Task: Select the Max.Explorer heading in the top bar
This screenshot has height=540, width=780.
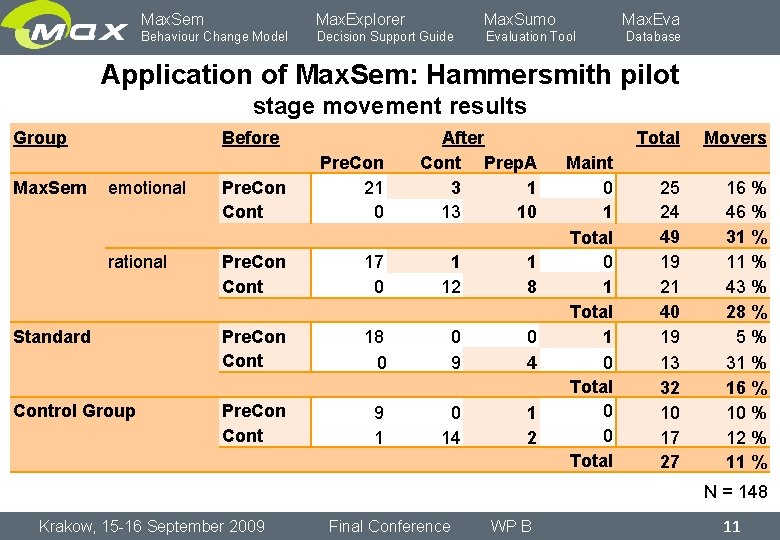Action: click(360, 19)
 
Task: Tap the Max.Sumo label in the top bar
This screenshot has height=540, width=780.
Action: click(519, 19)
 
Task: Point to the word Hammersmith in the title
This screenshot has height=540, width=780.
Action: click(501, 75)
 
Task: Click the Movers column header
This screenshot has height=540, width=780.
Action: click(734, 138)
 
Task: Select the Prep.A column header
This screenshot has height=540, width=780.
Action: click(509, 163)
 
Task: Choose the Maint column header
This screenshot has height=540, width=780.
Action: click(589, 163)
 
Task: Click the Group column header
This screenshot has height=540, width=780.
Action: click(40, 138)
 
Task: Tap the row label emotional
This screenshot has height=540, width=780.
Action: click(147, 188)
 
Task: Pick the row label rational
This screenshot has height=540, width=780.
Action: click(137, 262)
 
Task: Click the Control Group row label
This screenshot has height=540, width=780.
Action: click(74, 411)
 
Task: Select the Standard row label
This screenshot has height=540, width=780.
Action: click(52, 337)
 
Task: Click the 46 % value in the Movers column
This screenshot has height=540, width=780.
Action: click(746, 212)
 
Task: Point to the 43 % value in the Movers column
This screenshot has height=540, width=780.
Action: click(746, 287)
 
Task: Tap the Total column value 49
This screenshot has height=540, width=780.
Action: click(669, 237)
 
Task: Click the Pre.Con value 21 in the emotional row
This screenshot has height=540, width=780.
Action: click(373, 188)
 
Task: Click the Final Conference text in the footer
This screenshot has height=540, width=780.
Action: click(389, 526)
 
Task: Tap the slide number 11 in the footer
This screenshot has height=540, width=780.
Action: click(731, 526)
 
